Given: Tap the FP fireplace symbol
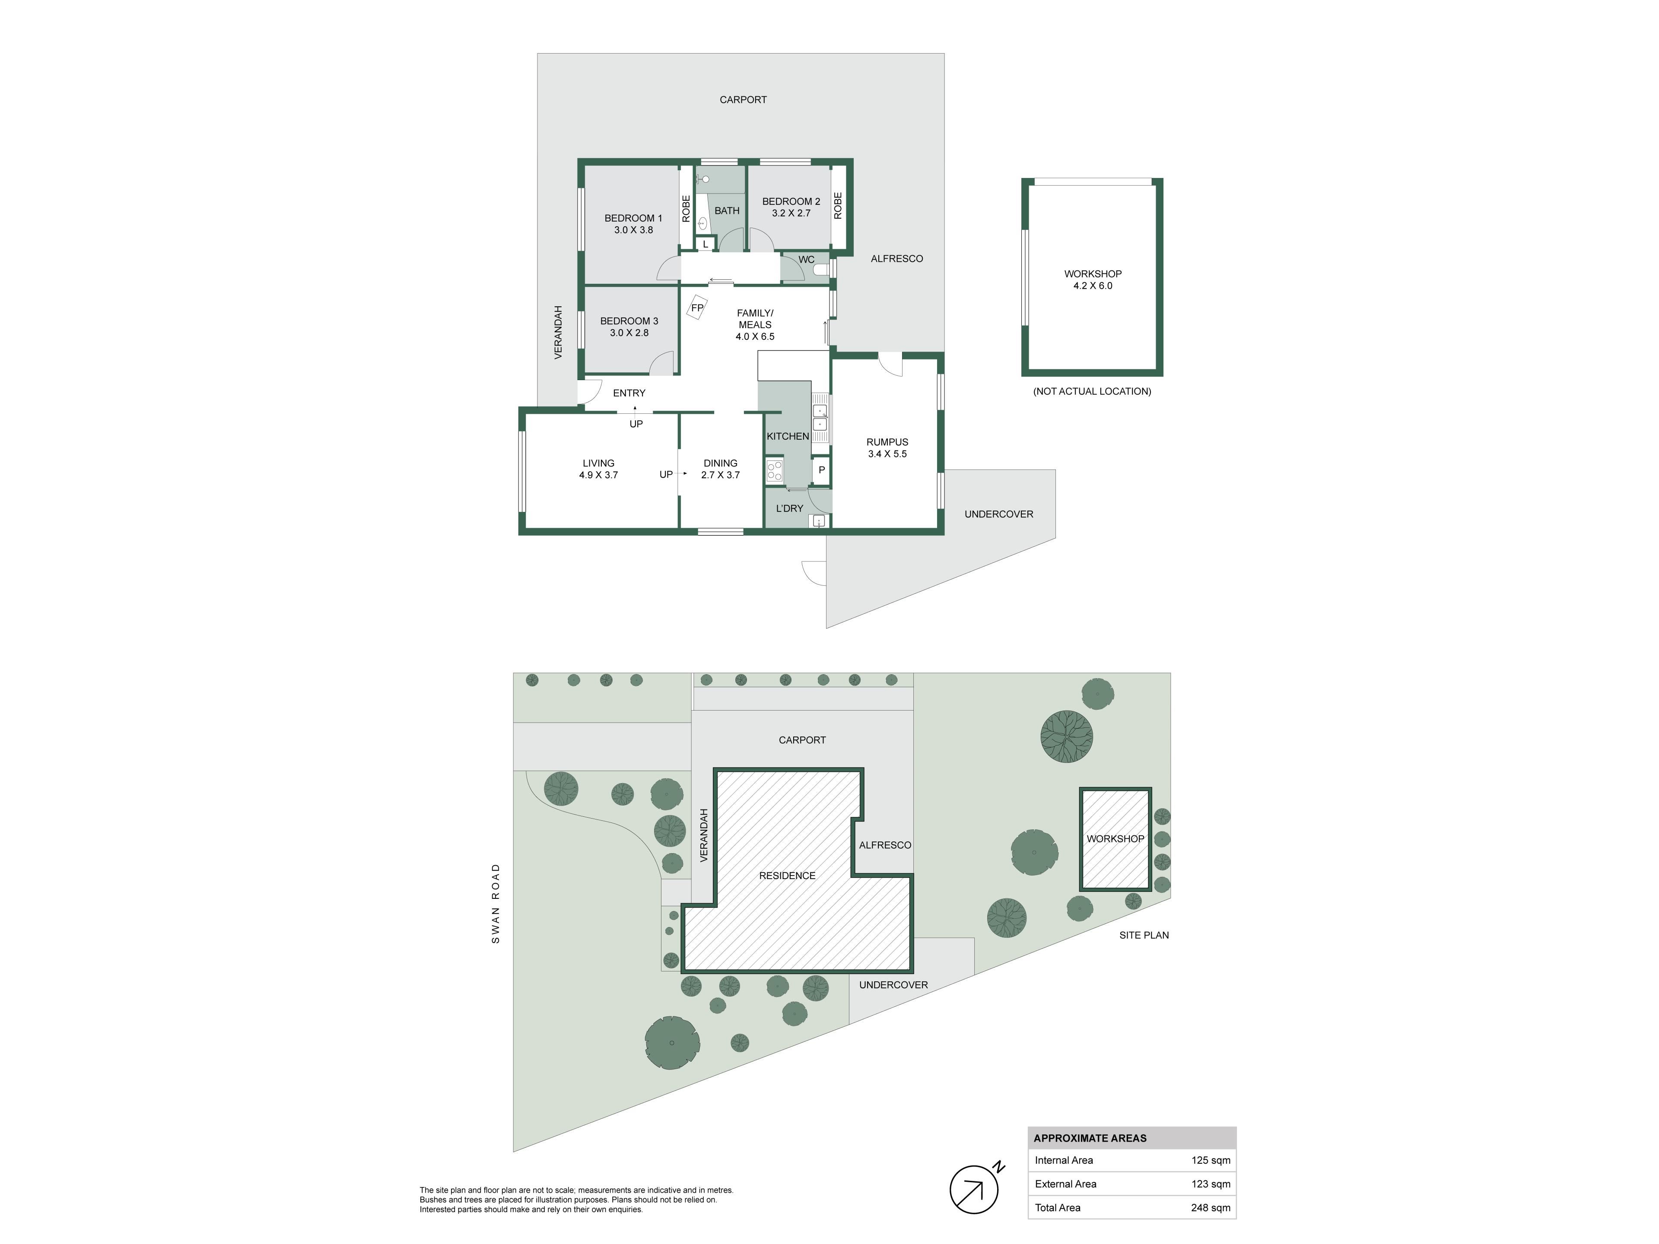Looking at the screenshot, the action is [x=697, y=308].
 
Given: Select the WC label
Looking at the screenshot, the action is [x=806, y=260].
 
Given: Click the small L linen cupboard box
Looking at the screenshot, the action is [x=705, y=244].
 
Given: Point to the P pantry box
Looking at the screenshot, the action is [x=821, y=470].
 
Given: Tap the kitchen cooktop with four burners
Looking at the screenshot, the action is [x=774, y=471].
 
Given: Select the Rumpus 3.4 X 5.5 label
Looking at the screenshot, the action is [x=887, y=447].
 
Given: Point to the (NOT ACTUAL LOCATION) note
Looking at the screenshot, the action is [x=1092, y=391].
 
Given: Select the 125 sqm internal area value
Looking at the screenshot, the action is [x=1211, y=1160].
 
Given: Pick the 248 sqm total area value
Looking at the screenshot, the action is [x=1211, y=1207].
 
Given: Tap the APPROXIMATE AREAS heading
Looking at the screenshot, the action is [x=1090, y=1138].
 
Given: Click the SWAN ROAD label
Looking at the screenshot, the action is [x=496, y=904].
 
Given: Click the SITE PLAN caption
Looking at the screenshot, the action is [x=1144, y=935].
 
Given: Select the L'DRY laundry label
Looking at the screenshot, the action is [x=789, y=508].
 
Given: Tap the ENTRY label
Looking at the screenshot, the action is [x=629, y=393].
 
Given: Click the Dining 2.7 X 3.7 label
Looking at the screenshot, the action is [x=720, y=469].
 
